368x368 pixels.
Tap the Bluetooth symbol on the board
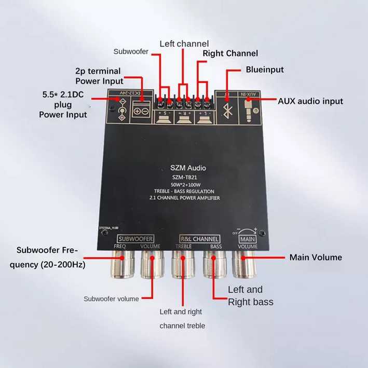tap(226, 111)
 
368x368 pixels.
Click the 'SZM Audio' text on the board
tap(188, 168)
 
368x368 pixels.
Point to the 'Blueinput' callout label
tap(265, 69)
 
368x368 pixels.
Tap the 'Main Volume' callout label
tap(316, 257)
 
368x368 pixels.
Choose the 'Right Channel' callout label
tap(230, 53)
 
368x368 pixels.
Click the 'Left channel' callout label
tap(184, 44)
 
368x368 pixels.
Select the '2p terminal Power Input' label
tap(99, 76)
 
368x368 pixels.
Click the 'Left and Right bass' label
tap(251, 295)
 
